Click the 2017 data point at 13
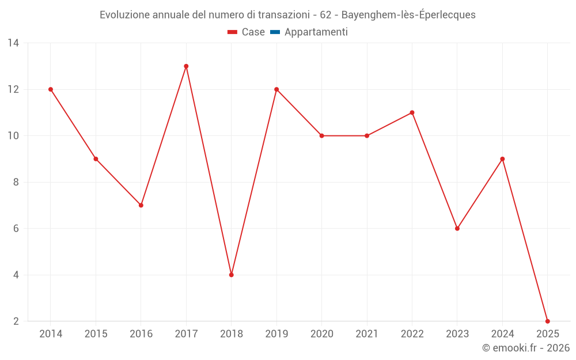186,66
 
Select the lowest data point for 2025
547,321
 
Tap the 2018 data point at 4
231,275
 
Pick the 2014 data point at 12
51,89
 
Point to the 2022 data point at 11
412,112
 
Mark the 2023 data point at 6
457,228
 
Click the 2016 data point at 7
141,205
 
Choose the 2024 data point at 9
502,159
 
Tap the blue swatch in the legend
275,32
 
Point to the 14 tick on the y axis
13,43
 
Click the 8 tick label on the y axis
16,182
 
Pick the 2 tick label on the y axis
16,321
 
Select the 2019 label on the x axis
276,334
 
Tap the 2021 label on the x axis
367,334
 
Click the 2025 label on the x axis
547,334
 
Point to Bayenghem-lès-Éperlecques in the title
408,15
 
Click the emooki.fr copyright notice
526,348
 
